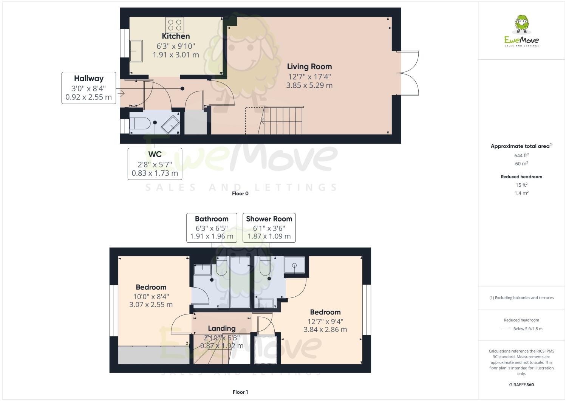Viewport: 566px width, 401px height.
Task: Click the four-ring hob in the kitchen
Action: pyautogui.click(x=174, y=25)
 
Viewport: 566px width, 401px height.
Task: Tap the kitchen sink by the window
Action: pyautogui.click(x=136, y=51)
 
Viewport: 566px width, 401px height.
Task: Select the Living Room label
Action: pyautogui.click(x=309, y=67)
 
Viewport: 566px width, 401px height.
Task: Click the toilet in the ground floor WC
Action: pyautogui.click(x=139, y=123)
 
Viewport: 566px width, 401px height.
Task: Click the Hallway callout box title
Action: pyautogui.click(x=89, y=79)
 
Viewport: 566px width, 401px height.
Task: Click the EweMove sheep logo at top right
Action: pyautogui.click(x=522, y=24)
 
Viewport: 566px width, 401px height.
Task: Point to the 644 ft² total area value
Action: pyautogui.click(x=521, y=155)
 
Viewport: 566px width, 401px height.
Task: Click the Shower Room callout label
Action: pyautogui.click(x=269, y=219)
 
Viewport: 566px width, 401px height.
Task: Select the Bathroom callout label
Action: pyautogui.click(x=212, y=219)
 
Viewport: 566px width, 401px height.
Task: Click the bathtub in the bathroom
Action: pyautogui.click(x=240, y=282)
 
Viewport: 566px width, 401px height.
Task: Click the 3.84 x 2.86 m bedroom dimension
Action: pyautogui.click(x=325, y=330)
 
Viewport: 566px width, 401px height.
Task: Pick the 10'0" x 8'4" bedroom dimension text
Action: pyautogui.click(x=151, y=297)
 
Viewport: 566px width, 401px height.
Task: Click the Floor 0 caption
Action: pyautogui.click(x=240, y=194)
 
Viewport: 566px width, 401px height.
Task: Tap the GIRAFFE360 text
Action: pyautogui.click(x=521, y=385)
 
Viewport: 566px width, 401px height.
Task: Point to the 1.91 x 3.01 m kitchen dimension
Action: pyautogui.click(x=176, y=55)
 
